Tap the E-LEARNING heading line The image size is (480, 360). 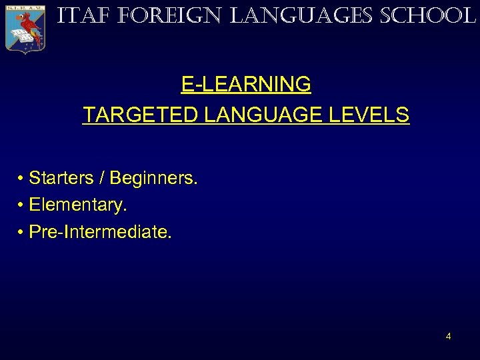point(246,84)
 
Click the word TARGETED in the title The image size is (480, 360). point(141,115)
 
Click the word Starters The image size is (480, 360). point(62,178)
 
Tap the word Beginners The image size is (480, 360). point(153,178)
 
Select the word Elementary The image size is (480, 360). point(78,205)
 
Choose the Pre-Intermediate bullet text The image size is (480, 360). point(100,231)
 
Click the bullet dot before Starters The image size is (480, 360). point(21,179)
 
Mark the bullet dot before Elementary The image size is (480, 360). point(21,205)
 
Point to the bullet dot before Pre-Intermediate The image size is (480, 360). point(21,232)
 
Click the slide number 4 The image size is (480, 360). point(448,336)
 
